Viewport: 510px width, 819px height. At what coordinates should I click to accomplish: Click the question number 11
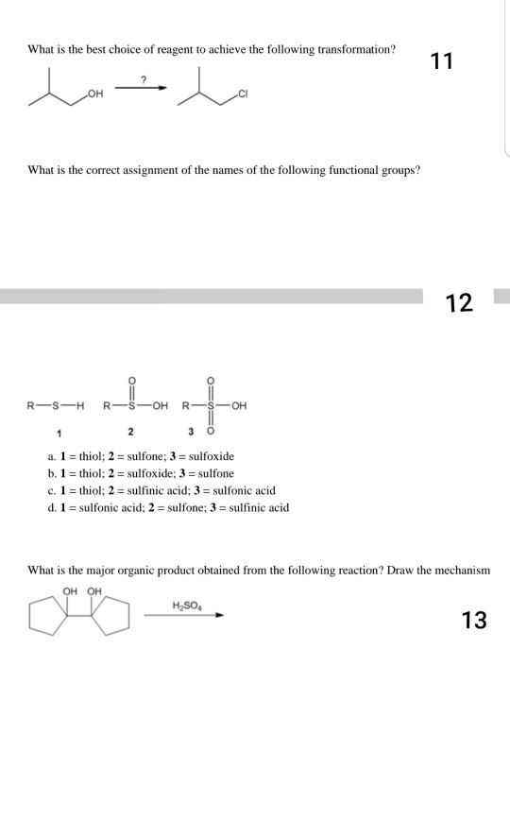pos(441,62)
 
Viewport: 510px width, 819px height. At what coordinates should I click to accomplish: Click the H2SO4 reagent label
pos(185,605)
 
